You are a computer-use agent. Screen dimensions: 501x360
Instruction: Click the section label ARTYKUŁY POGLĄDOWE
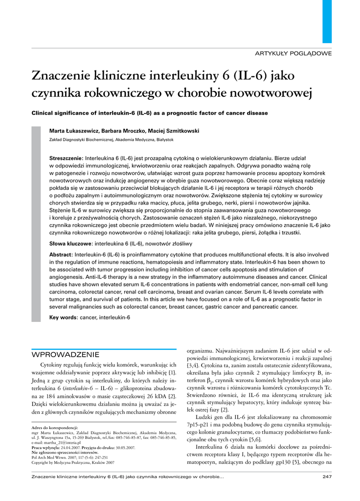297,53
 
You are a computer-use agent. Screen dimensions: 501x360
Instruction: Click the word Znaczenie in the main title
61,76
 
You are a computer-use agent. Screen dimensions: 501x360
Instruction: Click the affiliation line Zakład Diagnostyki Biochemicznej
112,139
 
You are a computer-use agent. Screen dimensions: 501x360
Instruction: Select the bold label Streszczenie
67,159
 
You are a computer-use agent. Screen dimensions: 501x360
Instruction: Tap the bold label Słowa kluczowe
70,243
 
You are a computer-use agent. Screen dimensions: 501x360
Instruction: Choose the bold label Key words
64,318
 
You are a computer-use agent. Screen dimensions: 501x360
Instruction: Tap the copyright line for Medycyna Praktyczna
72,462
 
